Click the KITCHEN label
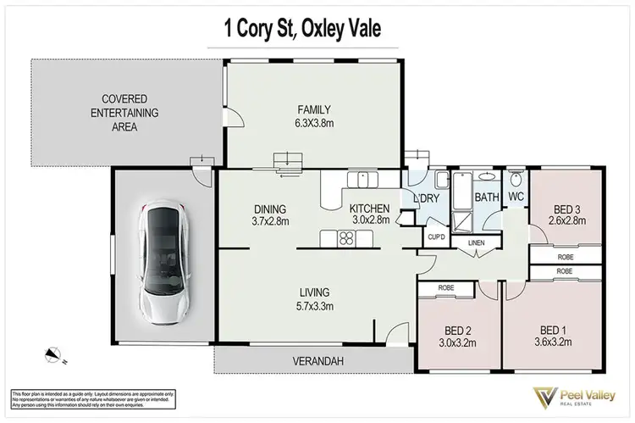pyautogui.click(x=369, y=209)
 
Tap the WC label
pyautogui.click(x=516, y=197)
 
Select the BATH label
pyautogui.click(x=486, y=197)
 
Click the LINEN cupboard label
pyautogui.click(x=476, y=244)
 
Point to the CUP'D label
pyautogui.click(x=437, y=237)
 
